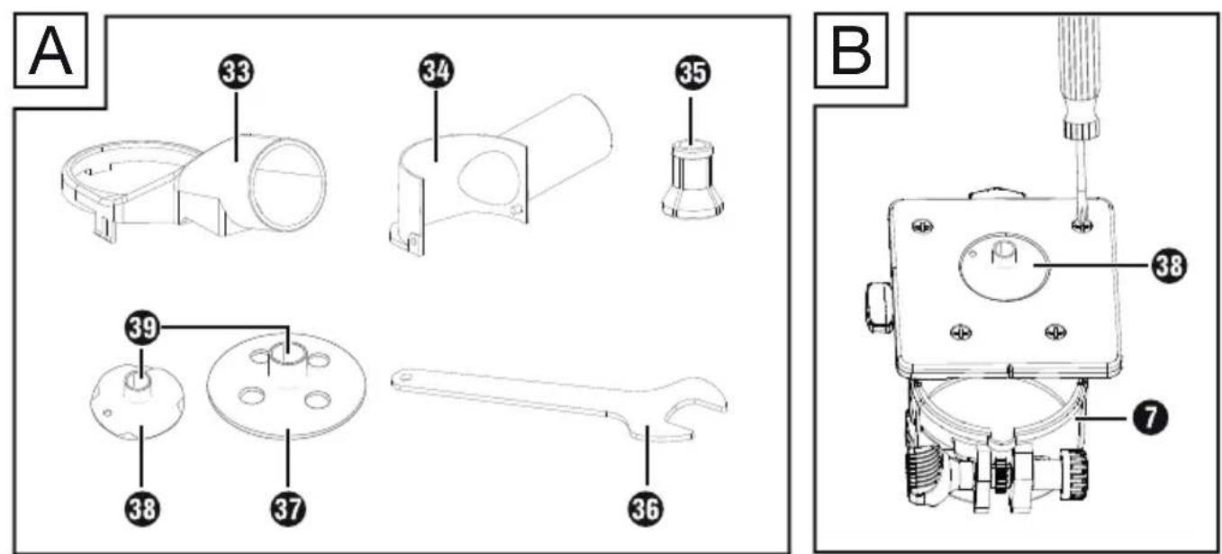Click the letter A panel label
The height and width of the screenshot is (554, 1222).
tap(50, 50)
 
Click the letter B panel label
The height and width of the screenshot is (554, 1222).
tap(851, 50)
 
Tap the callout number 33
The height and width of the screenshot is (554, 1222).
tap(236, 72)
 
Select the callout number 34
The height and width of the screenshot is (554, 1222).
tap(437, 71)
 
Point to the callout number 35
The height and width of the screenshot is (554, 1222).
tap(692, 72)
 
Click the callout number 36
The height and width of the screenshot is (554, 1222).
tap(647, 509)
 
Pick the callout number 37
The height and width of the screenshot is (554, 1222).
tap(288, 509)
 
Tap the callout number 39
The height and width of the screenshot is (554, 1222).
tap(142, 328)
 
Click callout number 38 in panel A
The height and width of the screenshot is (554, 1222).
tap(142, 509)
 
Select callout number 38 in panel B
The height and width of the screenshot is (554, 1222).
tap(1169, 266)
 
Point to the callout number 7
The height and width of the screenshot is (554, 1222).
tap(1149, 419)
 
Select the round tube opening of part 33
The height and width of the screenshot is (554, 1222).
tap(287, 184)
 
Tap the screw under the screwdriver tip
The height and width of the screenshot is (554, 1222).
tap(1080, 223)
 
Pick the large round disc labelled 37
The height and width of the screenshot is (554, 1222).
tap(286, 385)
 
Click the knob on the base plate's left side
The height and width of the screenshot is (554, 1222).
tap(879, 305)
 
